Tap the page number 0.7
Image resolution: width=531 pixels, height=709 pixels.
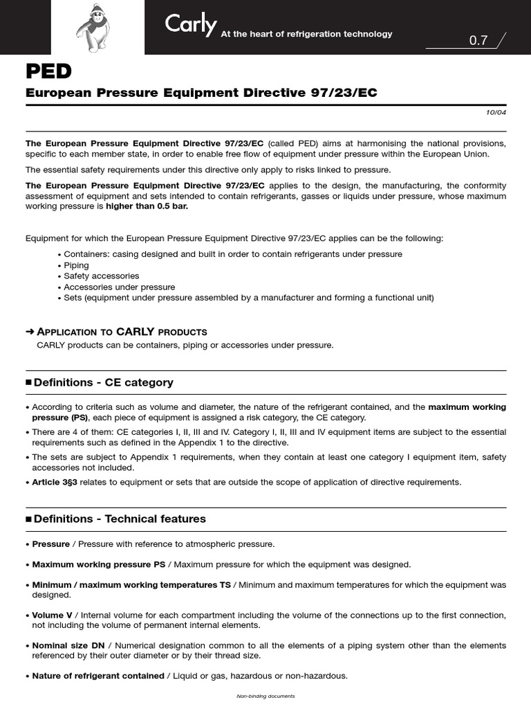pyautogui.click(x=478, y=41)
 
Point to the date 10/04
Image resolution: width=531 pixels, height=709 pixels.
pyautogui.click(x=497, y=112)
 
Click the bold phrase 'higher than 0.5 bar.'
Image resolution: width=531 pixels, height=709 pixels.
pyautogui.click(x=146, y=206)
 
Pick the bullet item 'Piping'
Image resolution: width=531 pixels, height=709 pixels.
pyautogui.click(x=76, y=265)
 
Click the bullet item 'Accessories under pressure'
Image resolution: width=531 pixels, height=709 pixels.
pyautogui.click(x=119, y=287)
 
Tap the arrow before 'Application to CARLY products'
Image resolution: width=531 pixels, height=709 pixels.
pyautogui.click(x=30, y=332)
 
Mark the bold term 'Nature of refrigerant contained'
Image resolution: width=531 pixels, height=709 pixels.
pyautogui.click(x=97, y=676)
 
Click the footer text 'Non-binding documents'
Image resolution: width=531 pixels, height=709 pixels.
pyautogui.click(x=265, y=696)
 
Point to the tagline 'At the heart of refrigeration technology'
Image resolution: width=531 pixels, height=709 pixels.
pyautogui.click(x=306, y=34)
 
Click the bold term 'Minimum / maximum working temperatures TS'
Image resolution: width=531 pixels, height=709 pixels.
pyautogui.click(x=131, y=585)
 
